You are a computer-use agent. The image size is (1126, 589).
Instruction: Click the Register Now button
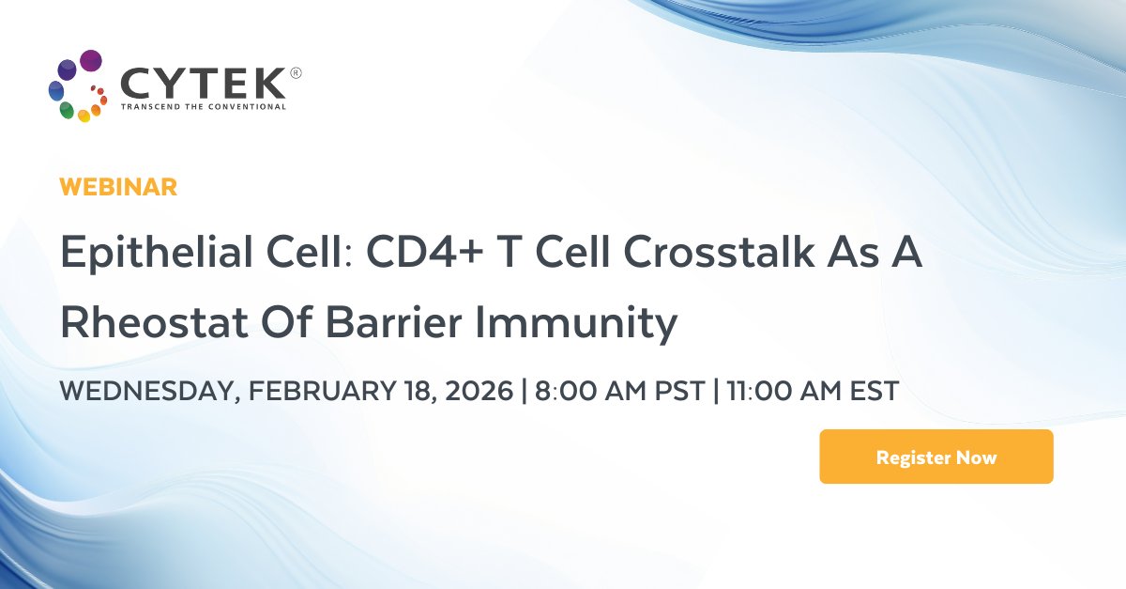pos(936,457)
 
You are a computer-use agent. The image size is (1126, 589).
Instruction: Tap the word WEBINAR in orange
pos(118,187)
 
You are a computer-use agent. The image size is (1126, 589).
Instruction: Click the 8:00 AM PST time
pos(619,391)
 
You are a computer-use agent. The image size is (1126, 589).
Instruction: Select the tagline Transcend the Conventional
pos(204,107)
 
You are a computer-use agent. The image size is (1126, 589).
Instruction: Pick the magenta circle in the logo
pos(91,61)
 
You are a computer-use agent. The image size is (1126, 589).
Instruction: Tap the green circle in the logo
pos(67,110)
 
